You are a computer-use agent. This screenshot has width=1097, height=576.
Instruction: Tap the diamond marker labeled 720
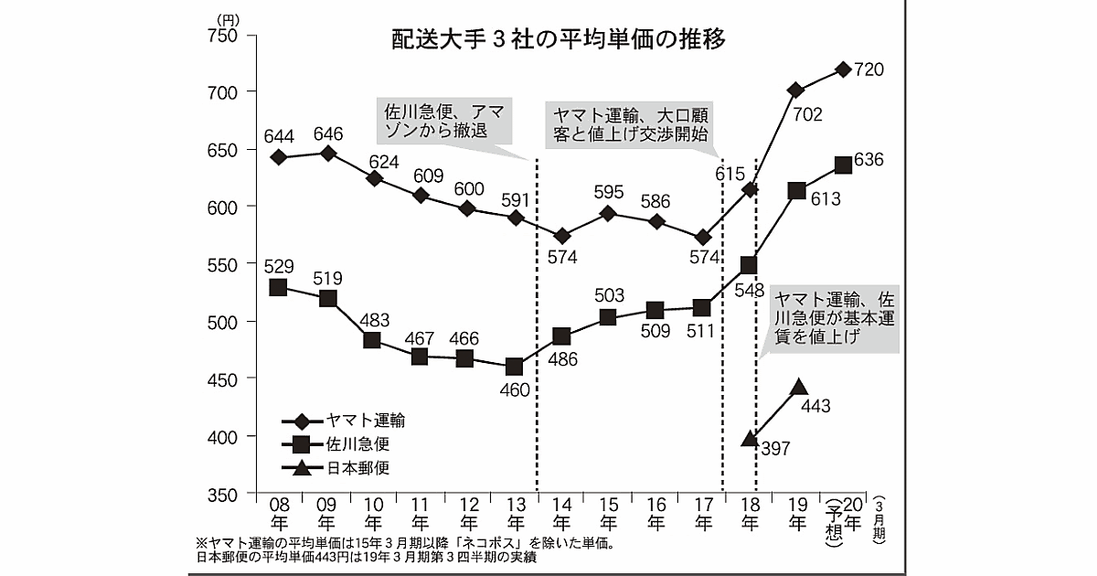(x=843, y=69)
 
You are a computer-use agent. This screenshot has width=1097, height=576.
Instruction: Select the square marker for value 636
(x=843, y=165)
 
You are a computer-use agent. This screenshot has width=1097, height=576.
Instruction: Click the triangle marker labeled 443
(x=797, y=388)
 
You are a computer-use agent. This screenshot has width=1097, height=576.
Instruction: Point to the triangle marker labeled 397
(x=750, y=440)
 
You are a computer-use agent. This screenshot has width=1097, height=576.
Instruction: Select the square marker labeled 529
(x=279, y=287)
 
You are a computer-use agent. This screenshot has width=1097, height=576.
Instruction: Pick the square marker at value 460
(x=515, y=367)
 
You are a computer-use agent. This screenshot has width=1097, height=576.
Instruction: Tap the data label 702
(x=808, y=114)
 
